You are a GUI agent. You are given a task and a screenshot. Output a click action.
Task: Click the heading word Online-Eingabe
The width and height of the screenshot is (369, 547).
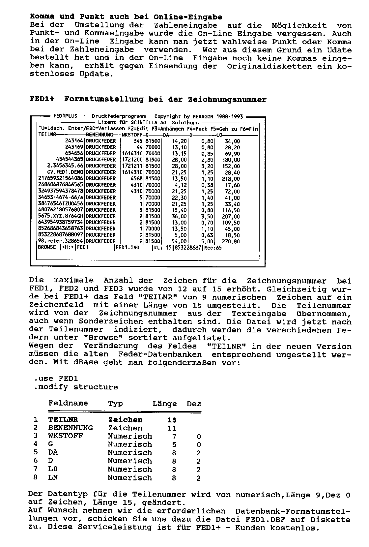click(188, 17)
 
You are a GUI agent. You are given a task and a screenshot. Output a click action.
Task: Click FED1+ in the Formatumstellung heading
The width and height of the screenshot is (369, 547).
click(43, 99)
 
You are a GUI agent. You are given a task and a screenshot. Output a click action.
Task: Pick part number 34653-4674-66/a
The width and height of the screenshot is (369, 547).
click(61, 197)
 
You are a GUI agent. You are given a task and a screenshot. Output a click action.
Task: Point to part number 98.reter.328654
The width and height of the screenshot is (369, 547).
click(61, 241)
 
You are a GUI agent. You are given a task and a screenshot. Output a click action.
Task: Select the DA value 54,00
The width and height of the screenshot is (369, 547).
click(180, 241)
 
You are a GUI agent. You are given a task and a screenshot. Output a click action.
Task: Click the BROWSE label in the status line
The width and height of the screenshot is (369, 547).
click(47, 247)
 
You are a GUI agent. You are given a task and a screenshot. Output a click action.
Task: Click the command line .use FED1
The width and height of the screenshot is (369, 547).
click(56, 379)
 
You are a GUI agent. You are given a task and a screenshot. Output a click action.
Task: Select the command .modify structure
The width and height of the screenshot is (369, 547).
click(76, 387)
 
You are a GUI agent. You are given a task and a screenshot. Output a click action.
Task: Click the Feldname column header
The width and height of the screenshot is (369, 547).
click(68, 403)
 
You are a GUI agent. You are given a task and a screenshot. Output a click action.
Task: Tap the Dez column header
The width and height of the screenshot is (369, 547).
click(194, 404)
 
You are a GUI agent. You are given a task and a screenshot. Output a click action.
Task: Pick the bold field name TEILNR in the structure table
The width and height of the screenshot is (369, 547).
click(63, 420)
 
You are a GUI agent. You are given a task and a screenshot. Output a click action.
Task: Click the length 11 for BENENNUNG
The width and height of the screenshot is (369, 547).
click(172, 428)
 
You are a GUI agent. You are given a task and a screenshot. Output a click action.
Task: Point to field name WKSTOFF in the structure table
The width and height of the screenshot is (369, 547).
click(66, 436)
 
